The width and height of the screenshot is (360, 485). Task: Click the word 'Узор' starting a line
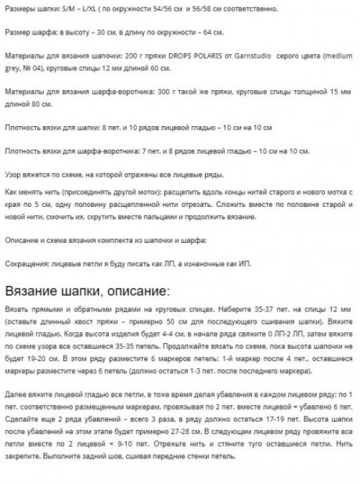coord(14,176)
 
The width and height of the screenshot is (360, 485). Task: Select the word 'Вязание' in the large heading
coord(35,291)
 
